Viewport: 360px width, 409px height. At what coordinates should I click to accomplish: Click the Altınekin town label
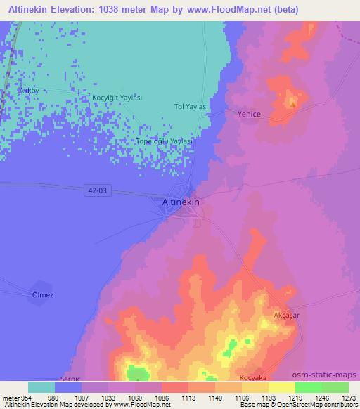[181, 202]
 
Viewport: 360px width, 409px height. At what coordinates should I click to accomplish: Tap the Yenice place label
[249, 114]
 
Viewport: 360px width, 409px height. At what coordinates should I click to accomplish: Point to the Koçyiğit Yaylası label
[117, 98]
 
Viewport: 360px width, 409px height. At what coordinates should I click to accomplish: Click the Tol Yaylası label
[191, 106]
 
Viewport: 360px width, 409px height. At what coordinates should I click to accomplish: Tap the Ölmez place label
[43, 295]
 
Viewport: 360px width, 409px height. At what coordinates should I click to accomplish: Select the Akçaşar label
[286, 316]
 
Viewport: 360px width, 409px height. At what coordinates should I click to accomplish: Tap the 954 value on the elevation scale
[21, 397]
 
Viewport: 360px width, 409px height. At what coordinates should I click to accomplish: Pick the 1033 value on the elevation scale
[108, 397]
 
